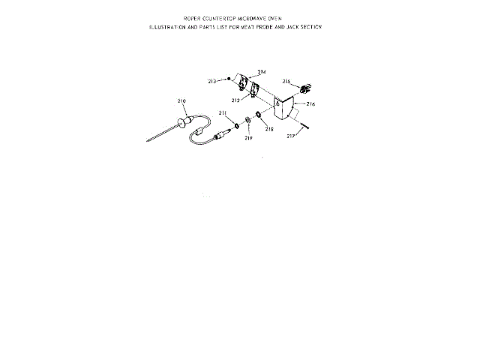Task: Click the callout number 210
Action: (181, 100)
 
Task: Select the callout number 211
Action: (223, 112)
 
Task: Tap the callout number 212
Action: (235, 100)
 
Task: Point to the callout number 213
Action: (212, 80)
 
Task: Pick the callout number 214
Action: (262, 72)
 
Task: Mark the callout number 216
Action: (310, 104)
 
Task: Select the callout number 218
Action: (269, 129)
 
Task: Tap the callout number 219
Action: (248, 138)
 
